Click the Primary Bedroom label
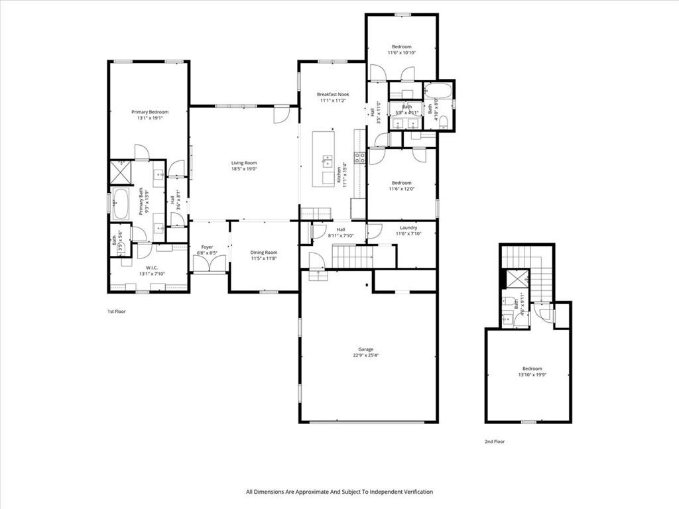[x=149, y=112]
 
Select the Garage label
[x=366, y=349]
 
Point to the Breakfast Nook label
[x=333, y=95]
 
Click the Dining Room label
[x=263, y=253]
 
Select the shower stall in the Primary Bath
[x=121, y=172]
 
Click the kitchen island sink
[x=328, y=160]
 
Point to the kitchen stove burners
[x=359, y=158]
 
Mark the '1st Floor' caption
[x=117, y=311]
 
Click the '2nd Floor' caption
[x=494, y=441]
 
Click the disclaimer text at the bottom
[x=339, y=492]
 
